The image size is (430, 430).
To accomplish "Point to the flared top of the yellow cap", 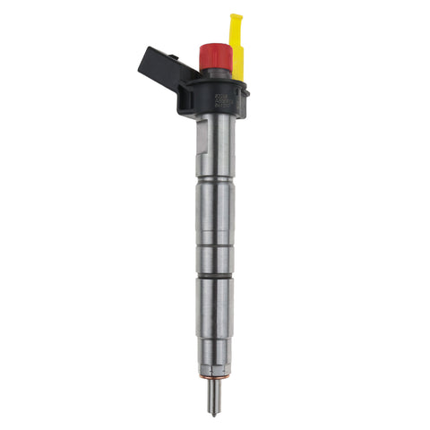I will (236, 19).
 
